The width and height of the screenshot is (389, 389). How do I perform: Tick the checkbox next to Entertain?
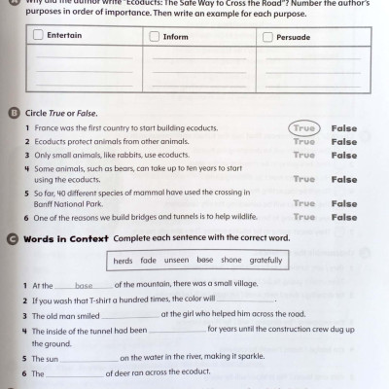pos(37,36)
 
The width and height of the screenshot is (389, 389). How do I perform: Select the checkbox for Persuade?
pos(270,36)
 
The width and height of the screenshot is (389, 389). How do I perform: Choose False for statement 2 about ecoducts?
pos(343,142)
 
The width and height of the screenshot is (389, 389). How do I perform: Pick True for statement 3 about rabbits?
pos(303,155)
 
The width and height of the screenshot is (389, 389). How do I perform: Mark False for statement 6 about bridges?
pos(343,217)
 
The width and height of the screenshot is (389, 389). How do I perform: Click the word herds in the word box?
pos(123,261)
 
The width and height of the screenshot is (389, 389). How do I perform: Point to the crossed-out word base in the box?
pos(204,261)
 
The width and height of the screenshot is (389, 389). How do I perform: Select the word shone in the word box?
pos(230,261)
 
